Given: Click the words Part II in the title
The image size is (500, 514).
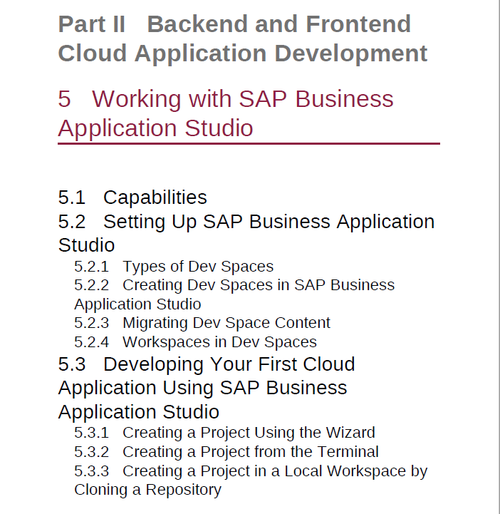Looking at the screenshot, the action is tap(92, 24).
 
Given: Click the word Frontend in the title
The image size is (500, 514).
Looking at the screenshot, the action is tap(358, 24).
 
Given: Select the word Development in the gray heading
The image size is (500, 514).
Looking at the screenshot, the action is tap(350, 53).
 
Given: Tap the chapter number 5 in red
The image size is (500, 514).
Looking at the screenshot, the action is tap(65, 98).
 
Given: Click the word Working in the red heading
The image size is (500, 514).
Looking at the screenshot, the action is tap(136, 99).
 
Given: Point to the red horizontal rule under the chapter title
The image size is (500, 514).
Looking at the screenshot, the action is tap(249, 143).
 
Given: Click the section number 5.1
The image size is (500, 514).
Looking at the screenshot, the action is tap(72, 197).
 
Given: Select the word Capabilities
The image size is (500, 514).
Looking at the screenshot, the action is tap(155, 197).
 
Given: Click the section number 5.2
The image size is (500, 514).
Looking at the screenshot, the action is tap(72, 222).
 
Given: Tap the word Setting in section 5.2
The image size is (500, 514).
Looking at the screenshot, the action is tap(134, 222).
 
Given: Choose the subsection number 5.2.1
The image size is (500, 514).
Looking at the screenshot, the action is tap(91, 267).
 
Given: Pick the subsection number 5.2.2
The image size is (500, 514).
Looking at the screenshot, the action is tap(91, 285).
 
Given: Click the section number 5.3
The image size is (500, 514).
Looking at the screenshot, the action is tap(72, 364).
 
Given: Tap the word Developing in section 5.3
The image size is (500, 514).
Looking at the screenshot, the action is tap(153, 364).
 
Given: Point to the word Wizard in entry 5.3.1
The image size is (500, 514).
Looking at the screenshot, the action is tap(350, 433).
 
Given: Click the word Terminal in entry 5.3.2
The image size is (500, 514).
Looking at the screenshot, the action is tap(348, 452).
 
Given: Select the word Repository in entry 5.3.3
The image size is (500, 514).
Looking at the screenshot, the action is tap(183, 490).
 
